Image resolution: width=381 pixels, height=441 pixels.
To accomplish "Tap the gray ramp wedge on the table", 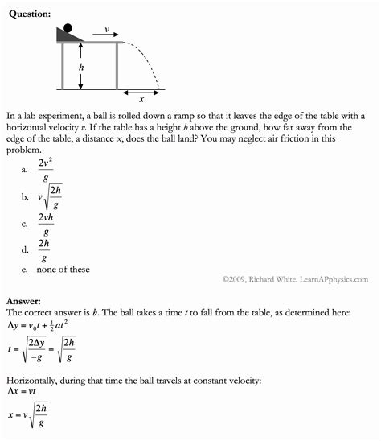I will (x=72, y=37).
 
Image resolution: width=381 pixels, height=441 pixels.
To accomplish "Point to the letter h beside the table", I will (x=80, y=68).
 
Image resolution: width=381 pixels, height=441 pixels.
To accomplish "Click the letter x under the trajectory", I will (x=141, y=100).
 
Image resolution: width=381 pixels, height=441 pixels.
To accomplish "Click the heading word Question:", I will (x=29, y=14).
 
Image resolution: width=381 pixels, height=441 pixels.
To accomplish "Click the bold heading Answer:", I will (x=24, y=301).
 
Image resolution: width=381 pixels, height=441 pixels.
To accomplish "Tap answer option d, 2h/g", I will (x=45, y=249).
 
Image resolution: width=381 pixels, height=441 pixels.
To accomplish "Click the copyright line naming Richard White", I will (x=295, y=279).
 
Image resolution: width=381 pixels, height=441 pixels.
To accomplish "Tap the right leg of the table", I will (x=117, y=66).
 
